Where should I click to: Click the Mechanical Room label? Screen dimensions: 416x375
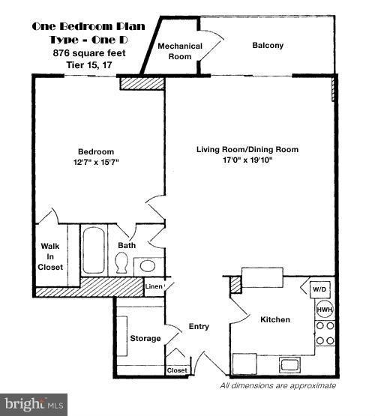click(x=180, y=51)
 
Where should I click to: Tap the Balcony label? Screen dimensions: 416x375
click(x=267, y=46)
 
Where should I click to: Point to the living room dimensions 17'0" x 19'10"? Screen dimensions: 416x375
click(x=234, y=160)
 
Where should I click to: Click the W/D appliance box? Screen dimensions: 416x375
click(x=320, y=289)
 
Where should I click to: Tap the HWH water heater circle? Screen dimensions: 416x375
click(x=324, y=310)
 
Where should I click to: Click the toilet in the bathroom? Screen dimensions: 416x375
click(x=121, y=263)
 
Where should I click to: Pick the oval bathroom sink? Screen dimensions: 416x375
click(x=148, y=265)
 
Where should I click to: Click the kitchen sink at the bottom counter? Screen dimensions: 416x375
click(x=290, y=365)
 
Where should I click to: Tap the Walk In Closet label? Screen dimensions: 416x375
click(x=51, y=256)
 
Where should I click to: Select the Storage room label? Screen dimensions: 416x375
click(x=145, y=339)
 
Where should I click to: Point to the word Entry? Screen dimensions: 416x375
click(x=199, y=326)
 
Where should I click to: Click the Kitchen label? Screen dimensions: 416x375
click(x=274, y=320)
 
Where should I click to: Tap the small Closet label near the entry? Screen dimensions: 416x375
click(x=177, y=370)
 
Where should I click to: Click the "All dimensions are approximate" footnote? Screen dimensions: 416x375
click(x=277, y=386)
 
